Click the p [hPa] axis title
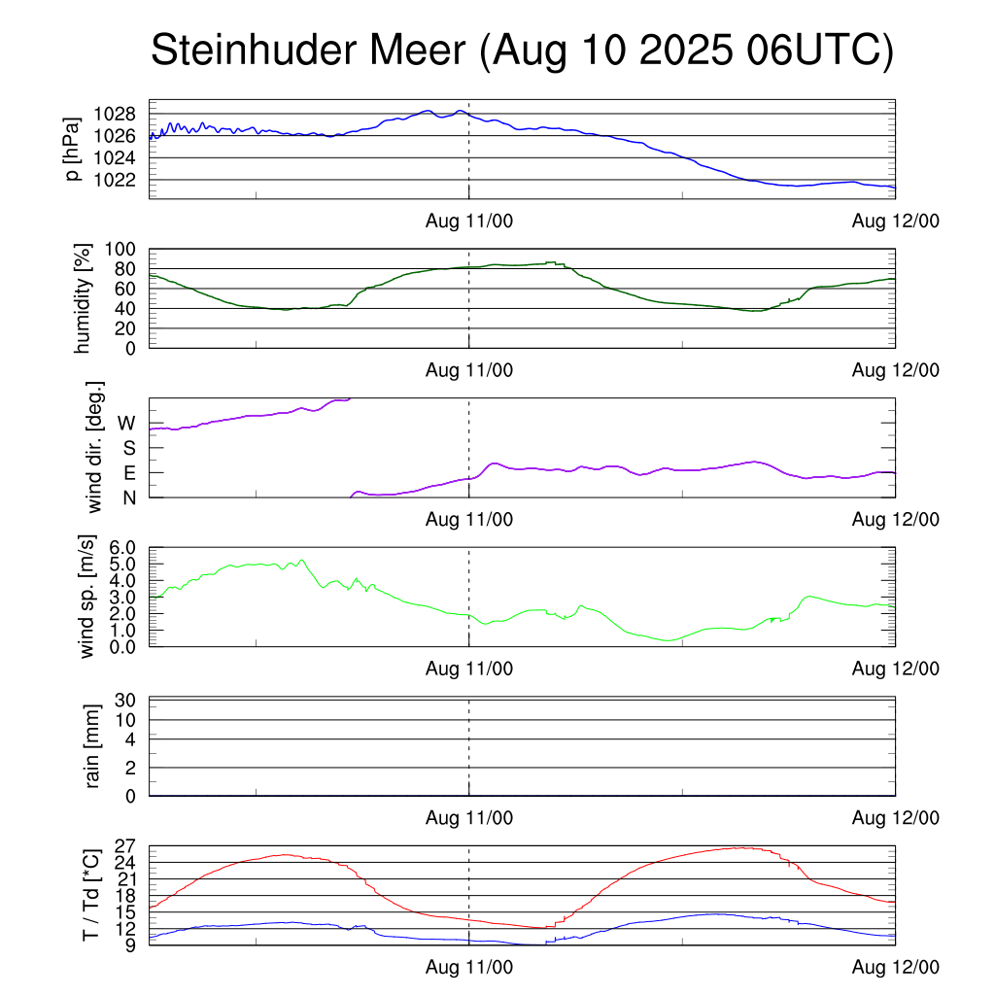(72, 150)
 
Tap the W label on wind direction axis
(126, 424)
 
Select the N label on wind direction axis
(127, 497)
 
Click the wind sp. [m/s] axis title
(89, 597)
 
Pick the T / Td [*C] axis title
(90, 895)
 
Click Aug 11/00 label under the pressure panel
(469, 222)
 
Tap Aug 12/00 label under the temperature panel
(895, 968)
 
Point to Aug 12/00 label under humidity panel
(895, 370)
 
